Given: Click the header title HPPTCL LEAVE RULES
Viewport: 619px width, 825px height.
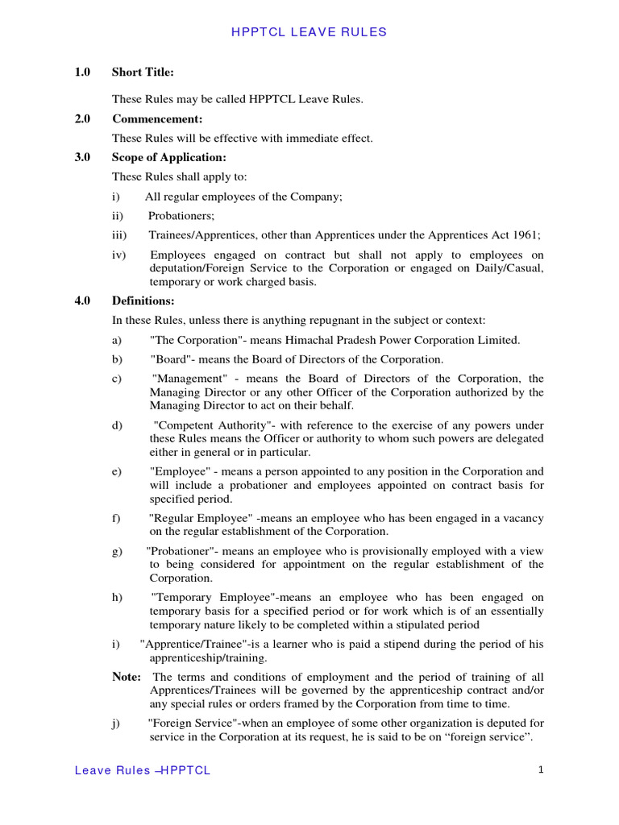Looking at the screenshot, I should point(309,32).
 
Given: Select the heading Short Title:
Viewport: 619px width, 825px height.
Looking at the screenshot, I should point(143,73).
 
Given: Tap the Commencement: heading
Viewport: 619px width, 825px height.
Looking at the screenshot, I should point(157,119).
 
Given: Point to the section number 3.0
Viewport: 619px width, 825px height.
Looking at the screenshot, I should point(82,158).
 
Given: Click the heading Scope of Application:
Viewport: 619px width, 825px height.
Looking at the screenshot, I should point(169,158).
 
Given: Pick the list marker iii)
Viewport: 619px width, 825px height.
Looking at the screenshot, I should point(119,234).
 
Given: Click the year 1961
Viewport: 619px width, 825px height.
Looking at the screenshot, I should point(525,234).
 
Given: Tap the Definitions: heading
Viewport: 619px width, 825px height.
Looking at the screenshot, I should point(143,301).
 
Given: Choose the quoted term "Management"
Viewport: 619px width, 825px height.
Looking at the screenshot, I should point(189,379).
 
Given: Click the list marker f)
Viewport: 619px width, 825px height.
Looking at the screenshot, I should point(117,517).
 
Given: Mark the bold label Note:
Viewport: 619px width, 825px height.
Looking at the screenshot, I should point(127,677).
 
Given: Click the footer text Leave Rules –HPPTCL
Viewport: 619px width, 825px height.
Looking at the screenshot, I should point(142,770).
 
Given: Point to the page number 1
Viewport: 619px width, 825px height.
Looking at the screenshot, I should point(542,769).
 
